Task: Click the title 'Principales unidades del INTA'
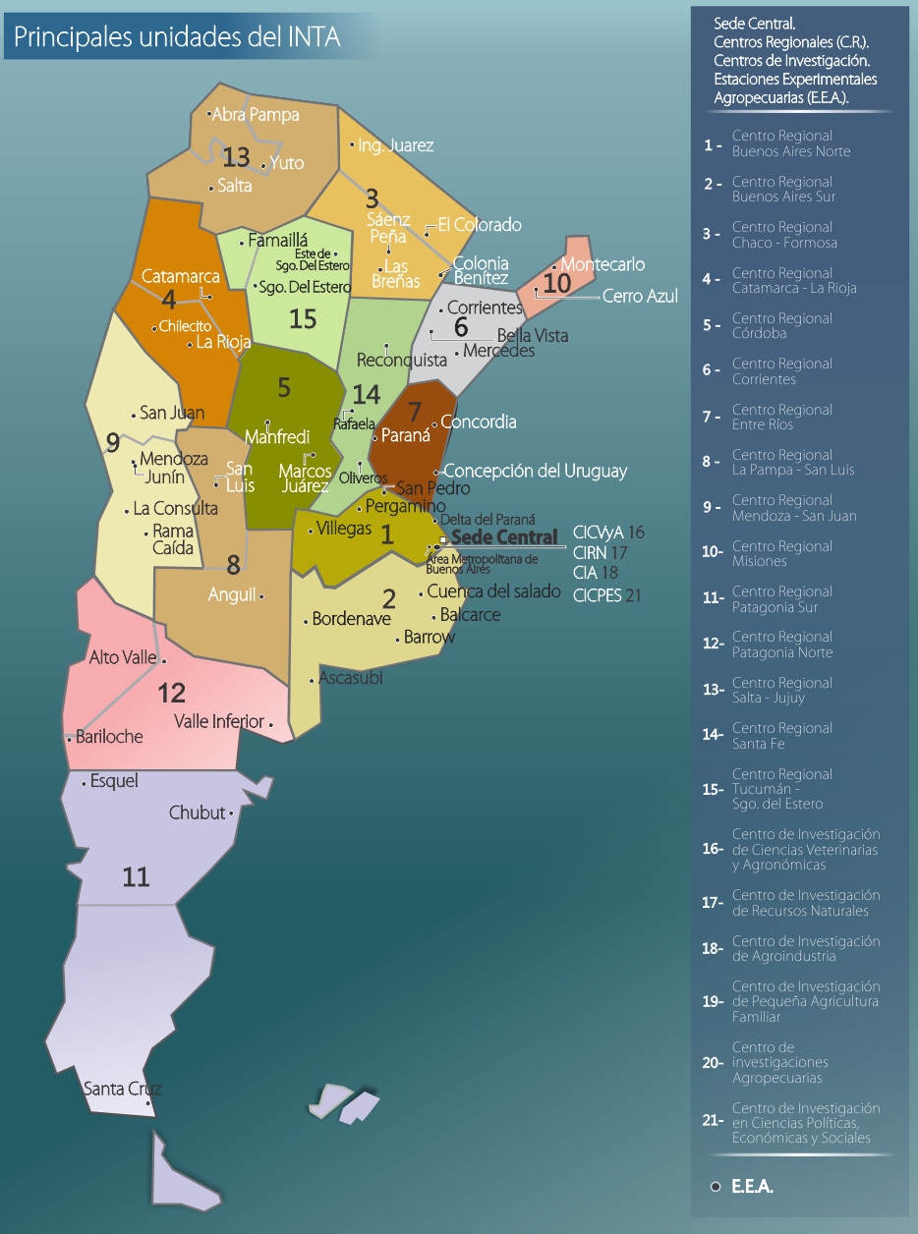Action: (x=177, y=37)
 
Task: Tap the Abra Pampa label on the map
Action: (x=255, y=115)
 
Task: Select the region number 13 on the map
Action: (x=236, y=156)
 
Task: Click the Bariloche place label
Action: (x=109, y=736)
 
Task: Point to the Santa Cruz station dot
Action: (x=148, y=1102)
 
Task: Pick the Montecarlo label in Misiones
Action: (x=603, y=264)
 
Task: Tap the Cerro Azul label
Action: (x=640, y=295)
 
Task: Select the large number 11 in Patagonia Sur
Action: (x=136, y=876)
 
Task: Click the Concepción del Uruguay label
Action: (x=536, y=471)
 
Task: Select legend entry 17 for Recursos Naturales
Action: (x=805, y=903)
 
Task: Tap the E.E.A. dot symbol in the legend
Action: (x=716, y=1187)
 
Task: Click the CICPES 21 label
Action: (x=606, y=594)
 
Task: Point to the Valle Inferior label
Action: (x=218, y=721)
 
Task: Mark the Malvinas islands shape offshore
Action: (x=348, y=1102)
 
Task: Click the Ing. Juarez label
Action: (x=395, y=145)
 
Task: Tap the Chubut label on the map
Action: (x=197, y=813)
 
